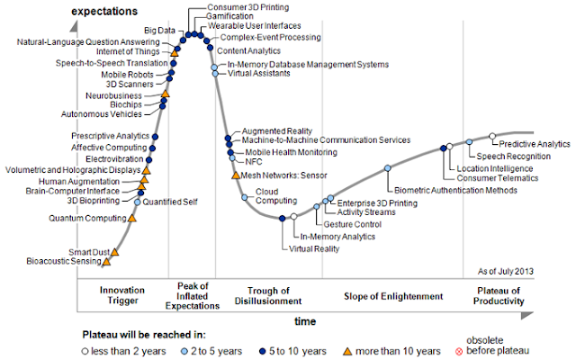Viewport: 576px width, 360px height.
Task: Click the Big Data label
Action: point(160,31)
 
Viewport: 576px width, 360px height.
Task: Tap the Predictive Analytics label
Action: point(535,144)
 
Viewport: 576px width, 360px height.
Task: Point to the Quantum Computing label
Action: point(87,218)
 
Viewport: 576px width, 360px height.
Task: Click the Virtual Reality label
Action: point(314,247)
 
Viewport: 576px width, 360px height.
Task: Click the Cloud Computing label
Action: point(269,196)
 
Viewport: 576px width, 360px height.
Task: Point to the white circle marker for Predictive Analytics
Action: point(491,137)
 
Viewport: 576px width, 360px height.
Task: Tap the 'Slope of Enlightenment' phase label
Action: point(393,295)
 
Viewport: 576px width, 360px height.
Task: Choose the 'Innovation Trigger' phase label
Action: point(121,295)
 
